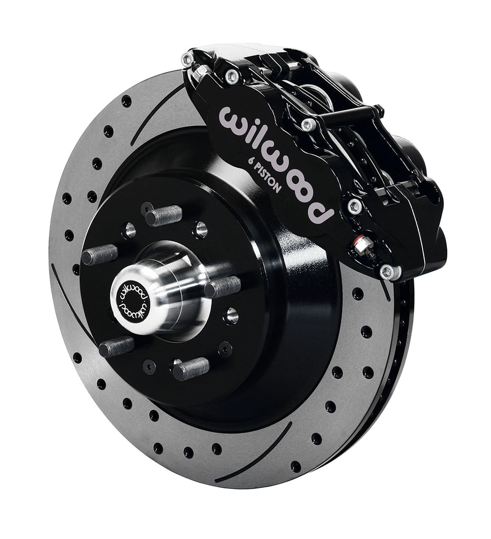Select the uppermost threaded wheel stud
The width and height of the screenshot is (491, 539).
click(x=163, y=215)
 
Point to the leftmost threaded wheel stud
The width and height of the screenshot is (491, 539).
click(x=99, y=255)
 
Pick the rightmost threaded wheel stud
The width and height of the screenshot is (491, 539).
click(x=222, y=287)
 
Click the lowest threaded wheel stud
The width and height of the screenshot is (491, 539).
click(x=191, y=368)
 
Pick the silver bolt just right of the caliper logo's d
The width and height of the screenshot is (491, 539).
click(x=354, y=206)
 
